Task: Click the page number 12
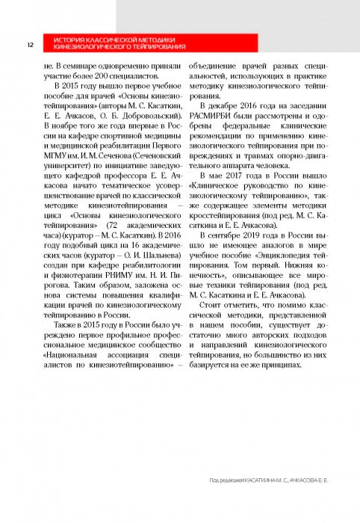(x=28, y=44)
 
